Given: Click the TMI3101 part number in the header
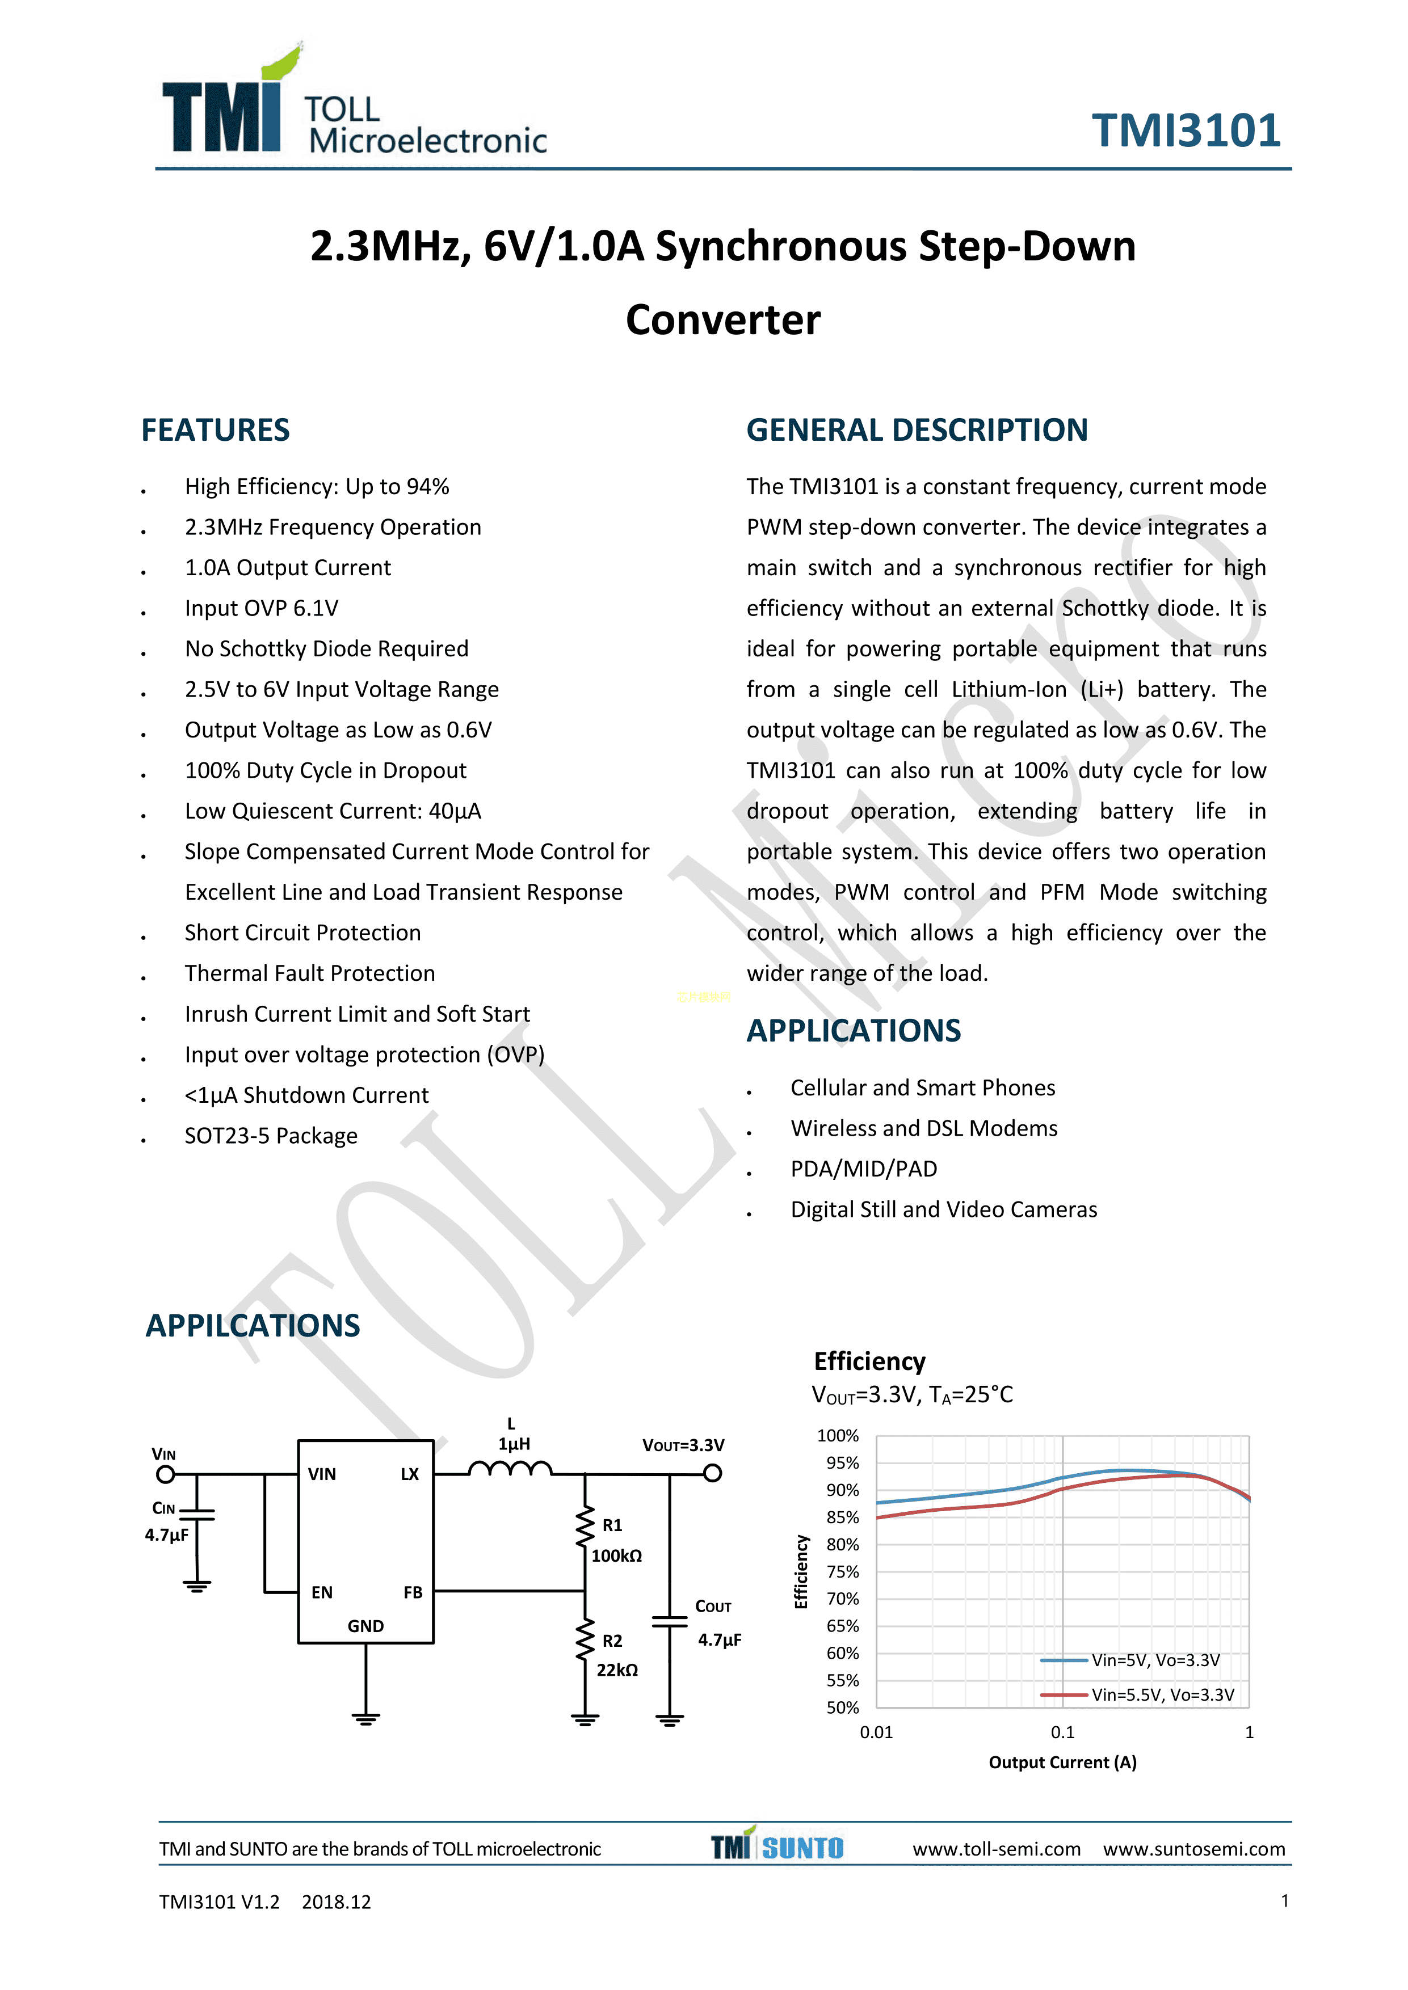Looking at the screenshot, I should (1185, 132).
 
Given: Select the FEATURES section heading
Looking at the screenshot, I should (215, 431).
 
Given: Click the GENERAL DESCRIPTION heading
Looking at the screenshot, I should (917, 431).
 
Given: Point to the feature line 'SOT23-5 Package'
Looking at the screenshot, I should (271, 1136).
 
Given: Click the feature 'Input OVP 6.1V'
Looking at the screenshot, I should (261, 609).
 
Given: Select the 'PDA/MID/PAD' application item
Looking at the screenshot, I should (864, 1169).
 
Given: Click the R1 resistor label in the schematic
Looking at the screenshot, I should (612, 1525).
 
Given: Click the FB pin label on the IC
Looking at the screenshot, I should (413, 1592).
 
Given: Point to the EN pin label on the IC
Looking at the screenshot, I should (322, 1592).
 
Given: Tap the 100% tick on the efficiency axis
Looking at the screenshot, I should (838, 1436).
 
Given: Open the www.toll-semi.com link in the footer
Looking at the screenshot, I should (996, 1849).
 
